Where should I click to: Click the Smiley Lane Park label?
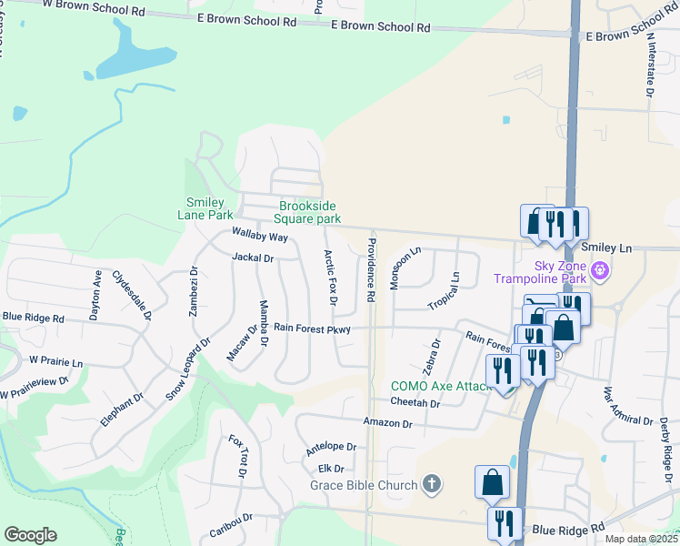click(x=210, y=209)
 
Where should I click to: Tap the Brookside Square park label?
click(x=310, y=213)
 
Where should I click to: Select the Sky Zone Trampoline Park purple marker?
click(x=599, y=270)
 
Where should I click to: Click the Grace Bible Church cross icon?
click(x=432, y=485)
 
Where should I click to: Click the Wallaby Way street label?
click(x=259, y=237)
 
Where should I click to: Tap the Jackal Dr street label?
click(x=253, y=258)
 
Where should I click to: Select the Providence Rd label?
click(x=372, y=270)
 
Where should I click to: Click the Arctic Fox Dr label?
click(x=331, y=278)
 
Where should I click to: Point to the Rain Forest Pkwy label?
click(x=312, y=328)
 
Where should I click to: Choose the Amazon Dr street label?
click(x=387, y=423)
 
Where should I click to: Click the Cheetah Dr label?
click(x=415, y=401)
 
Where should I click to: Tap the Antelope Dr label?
click(x=330, y=447)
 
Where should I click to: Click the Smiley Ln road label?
click(x=605, y=248)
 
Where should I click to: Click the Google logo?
click(x=30, y=535)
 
